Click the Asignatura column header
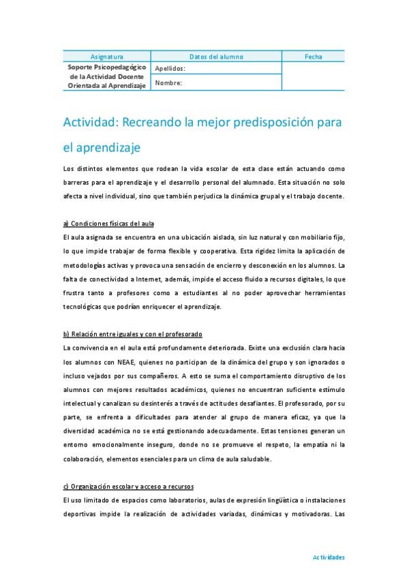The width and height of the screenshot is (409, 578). click(107, 57)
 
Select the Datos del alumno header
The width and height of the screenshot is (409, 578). click(216, 57)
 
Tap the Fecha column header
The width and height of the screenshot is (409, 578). click(314, 57)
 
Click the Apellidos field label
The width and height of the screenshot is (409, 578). click(170, 69)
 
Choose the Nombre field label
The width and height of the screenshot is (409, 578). click(168, 83)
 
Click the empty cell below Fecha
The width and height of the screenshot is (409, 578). click(314, 76)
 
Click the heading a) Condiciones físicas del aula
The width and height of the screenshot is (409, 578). click(108, 224)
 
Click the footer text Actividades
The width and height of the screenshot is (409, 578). click(329, 557)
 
